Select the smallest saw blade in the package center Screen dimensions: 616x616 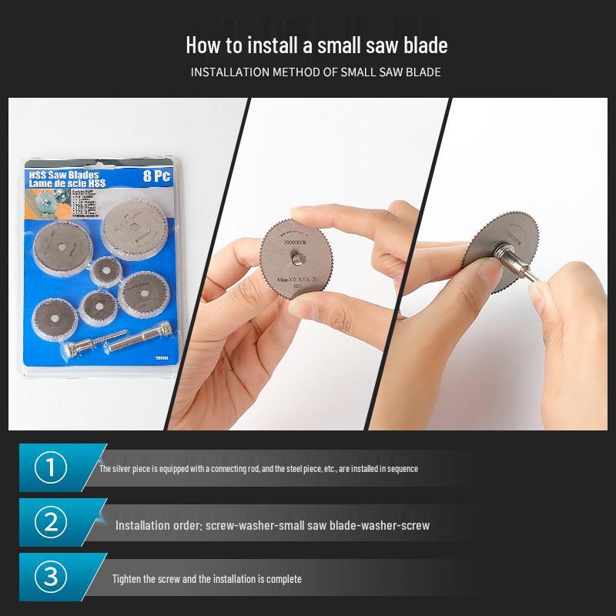tap(102, 270)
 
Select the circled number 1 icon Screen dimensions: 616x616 tap(51, 467)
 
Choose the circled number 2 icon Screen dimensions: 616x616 tap(51, 523)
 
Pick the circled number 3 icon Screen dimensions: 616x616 tap(51, 577)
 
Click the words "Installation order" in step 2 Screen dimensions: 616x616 tap(158, 525)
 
